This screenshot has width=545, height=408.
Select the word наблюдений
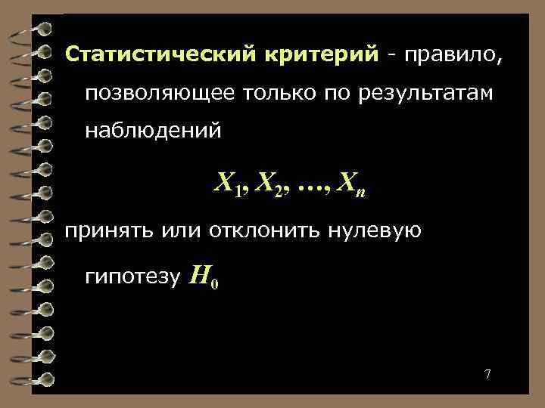click(x=153, y=131)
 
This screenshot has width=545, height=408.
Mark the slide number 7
click(x=487, y=375)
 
